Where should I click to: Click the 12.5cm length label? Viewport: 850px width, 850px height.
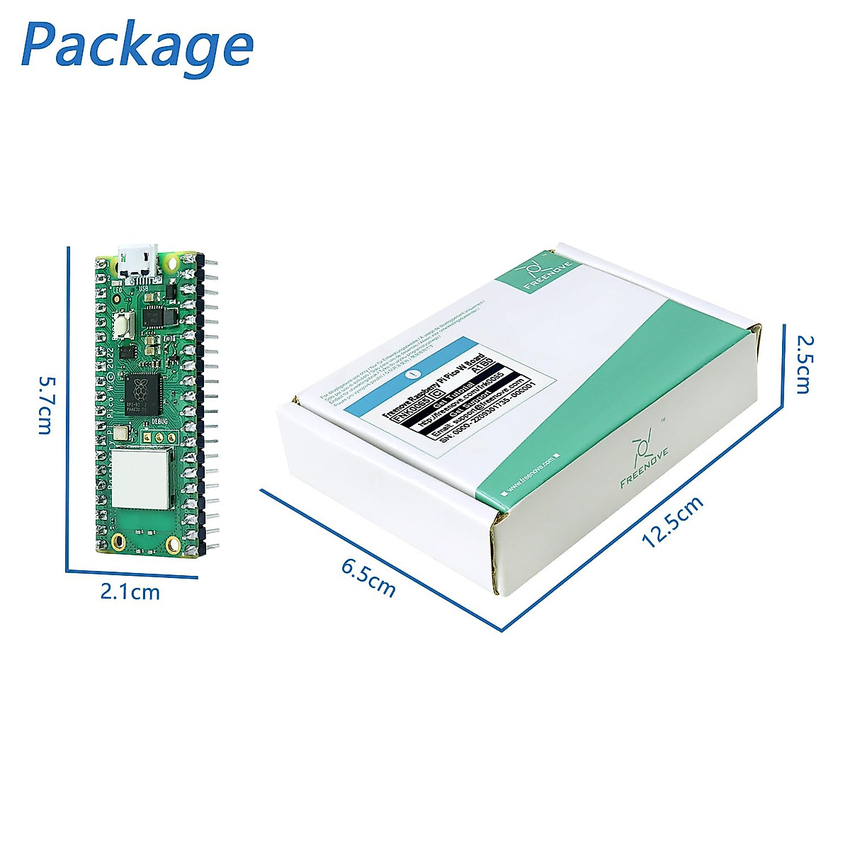(x=672, y=522)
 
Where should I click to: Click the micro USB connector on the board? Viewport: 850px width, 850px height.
(x=138, y=259)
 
